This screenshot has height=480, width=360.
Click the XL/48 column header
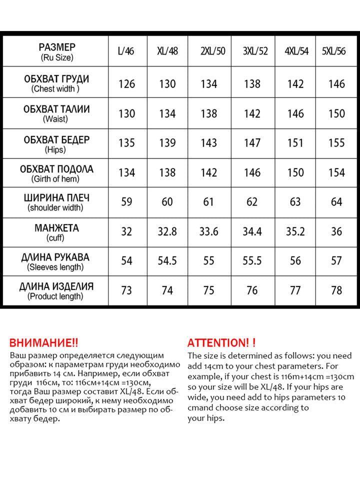point(167,51)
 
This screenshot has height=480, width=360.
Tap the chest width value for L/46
point(127,84)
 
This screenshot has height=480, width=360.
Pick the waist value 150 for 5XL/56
point(336,113)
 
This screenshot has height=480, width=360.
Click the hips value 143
point(209,143)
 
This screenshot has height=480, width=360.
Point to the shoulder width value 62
point(252,202)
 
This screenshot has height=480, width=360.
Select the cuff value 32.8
point(167,231)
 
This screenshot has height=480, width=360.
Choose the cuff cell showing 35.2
point(295,231)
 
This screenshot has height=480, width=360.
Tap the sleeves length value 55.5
point(252,261)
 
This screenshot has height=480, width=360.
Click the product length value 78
point(336,290)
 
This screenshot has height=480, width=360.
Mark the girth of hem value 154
point(336,172)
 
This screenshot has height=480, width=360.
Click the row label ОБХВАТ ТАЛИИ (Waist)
point(56,113)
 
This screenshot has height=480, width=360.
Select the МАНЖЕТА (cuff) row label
point(56,232)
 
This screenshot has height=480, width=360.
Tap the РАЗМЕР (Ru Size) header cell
point(56,51)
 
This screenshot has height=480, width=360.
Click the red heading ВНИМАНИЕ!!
point(44,343)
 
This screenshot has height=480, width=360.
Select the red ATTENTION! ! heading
point(221,343)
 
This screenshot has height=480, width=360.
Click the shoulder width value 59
point(127,202)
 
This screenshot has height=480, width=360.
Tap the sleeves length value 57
point(336,261)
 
